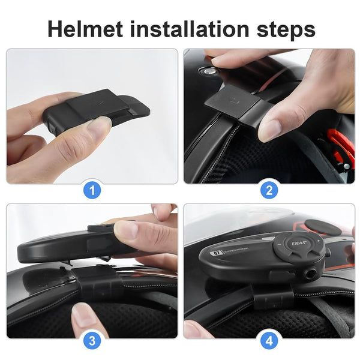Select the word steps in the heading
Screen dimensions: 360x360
pyautogui.click(x=284, y=28)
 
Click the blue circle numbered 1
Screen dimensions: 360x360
pyautogui.click(x=92, y=191)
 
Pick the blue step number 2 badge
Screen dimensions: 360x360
pyautogui.click(x=268, y=191)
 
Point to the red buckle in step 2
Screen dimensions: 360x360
pyautogui.click(x=343, y=150)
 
